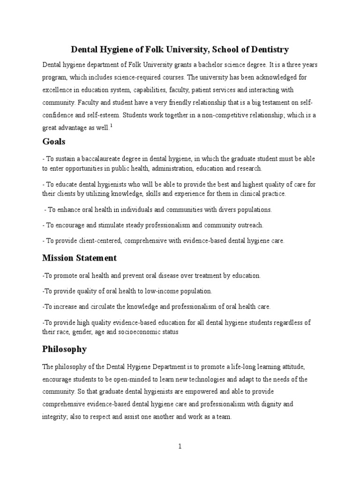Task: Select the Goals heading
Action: tap(54, 141)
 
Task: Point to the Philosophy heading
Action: tap(65, 349)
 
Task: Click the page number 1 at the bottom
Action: tap(180, 446)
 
